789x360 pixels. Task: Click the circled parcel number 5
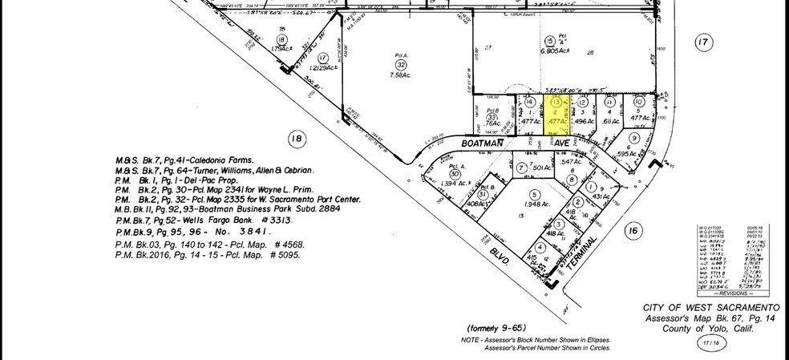(x=532, y=194)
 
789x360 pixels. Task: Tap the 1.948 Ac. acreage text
(x=532, y=204)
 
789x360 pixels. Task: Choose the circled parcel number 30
(x=455, y=174)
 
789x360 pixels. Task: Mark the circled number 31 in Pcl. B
(x=482, y=195)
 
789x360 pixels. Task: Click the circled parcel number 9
(x=633, y=137)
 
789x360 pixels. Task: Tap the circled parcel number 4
(x=541, y=247)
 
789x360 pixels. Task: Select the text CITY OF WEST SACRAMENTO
(x=711, y=309)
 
